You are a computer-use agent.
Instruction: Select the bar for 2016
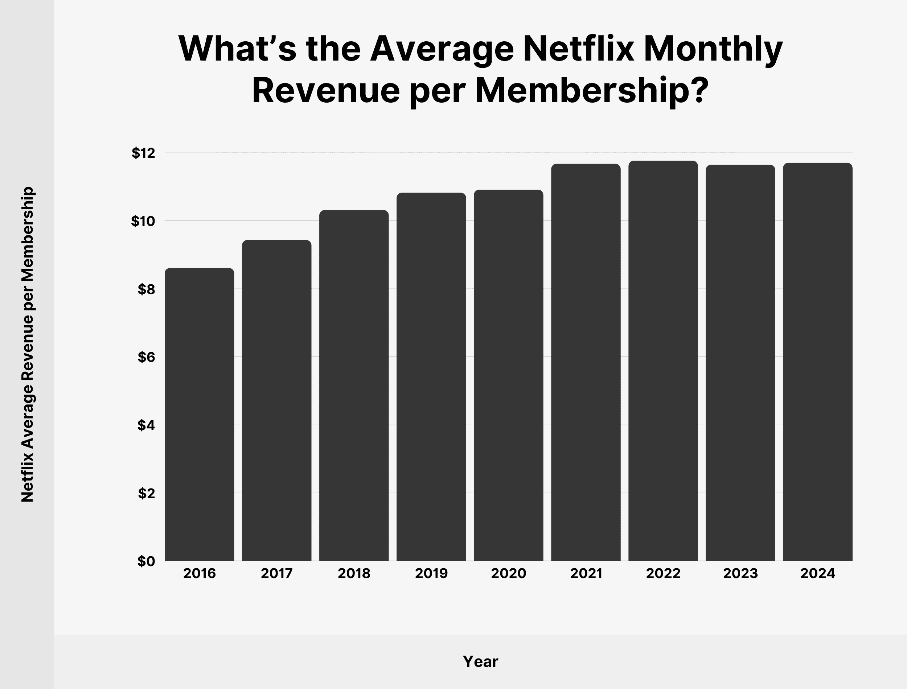[200, 414]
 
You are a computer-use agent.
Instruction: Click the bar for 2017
[276, 400]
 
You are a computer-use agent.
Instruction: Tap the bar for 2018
[354, 385]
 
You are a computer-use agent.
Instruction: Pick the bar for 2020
[509, 375]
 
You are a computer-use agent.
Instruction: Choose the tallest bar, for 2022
[663, 361]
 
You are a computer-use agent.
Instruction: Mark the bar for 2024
[818, 362]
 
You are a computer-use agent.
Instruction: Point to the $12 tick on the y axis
[144, 153]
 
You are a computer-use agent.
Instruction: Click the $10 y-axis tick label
[143, 222]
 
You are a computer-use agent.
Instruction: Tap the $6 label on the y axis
[147, 357]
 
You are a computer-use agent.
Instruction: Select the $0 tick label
[147, 561]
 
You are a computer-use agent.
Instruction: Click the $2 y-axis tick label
[147, 494]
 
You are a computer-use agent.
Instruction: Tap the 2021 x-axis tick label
[586, 573]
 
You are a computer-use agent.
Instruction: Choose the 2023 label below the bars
[740, 573]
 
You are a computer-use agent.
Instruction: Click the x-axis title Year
[480, 661]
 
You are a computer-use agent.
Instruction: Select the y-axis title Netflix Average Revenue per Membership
[28, 344]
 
